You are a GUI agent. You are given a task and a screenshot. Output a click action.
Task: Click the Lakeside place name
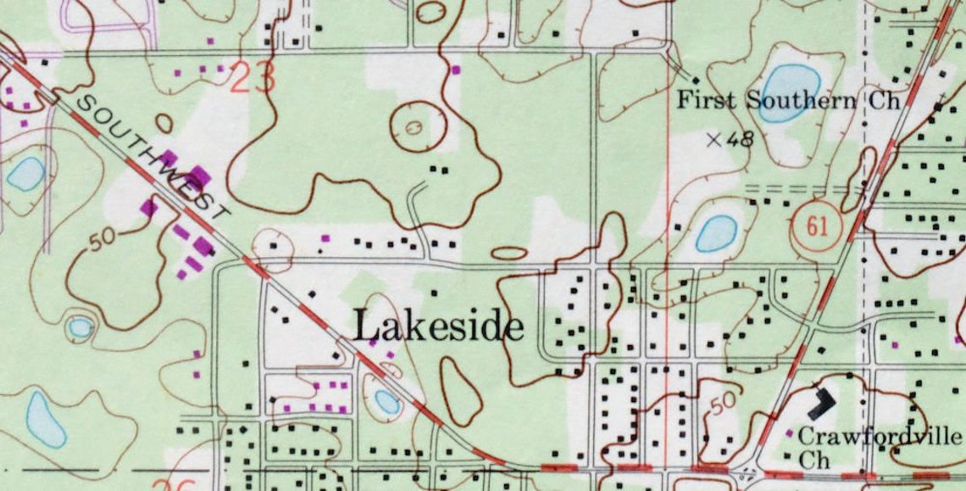(x=437, y=326)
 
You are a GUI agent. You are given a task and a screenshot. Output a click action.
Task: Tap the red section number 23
(x=253, y=78)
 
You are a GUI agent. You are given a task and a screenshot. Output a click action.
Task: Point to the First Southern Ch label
(x=786, y=100)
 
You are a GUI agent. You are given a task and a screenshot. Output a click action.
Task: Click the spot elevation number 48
(x=739, y=139)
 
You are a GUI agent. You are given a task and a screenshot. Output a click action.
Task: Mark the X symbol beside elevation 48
(x=714, y=139)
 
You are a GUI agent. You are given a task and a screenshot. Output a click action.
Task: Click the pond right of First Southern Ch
(x=789, y=93)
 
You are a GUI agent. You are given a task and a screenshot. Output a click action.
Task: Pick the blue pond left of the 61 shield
(x=717, y=233)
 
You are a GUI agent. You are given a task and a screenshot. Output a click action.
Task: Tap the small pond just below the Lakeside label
(x=387, y=401)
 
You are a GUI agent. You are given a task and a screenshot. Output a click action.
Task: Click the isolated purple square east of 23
(x=457, y=70)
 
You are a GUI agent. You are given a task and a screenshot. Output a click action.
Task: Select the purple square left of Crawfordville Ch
(x=790, y=434)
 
